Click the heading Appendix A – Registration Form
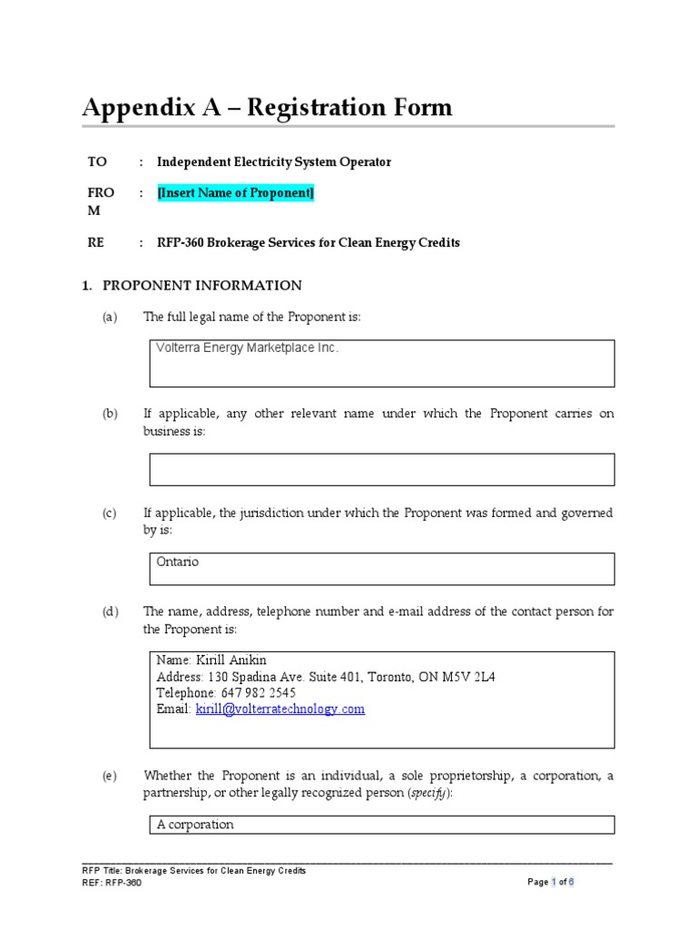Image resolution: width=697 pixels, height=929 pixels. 267,108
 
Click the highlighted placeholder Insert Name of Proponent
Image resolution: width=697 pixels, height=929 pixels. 235,193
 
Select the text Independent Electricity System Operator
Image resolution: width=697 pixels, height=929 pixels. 274,162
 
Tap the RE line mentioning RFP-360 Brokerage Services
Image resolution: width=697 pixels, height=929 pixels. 309,243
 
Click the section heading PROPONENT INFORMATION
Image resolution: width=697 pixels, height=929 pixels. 201,286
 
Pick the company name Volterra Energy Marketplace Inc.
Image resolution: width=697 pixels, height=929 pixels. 247,348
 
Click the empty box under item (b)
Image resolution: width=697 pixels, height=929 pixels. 381,469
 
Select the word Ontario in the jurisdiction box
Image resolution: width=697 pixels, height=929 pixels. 177,562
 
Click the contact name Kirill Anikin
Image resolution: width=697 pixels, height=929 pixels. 231,660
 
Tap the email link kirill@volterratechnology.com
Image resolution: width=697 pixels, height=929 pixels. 280,709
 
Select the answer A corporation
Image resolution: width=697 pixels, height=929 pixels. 195,825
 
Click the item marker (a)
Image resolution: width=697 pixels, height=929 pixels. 110,317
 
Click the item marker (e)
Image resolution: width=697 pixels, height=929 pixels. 110,776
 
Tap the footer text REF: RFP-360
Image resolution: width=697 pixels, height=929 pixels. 112,883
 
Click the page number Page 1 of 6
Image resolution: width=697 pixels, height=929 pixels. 551,882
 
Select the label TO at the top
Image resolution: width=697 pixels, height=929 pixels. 96,162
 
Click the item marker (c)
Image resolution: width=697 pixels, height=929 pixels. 110,513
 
